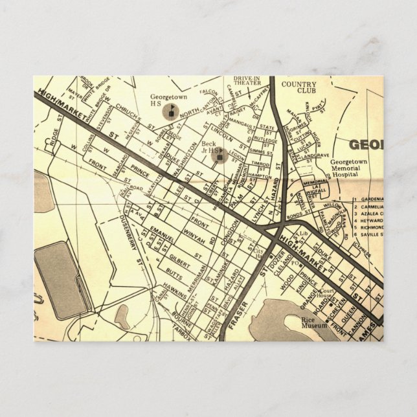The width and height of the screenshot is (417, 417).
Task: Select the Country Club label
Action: (299, 88)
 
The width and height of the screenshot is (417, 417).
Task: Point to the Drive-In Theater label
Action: (247, 81)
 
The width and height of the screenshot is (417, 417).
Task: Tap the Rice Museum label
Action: (312, 324)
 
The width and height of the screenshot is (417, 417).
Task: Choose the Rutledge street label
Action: (265, 139)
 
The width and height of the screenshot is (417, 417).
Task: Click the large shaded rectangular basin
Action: (61, 279)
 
